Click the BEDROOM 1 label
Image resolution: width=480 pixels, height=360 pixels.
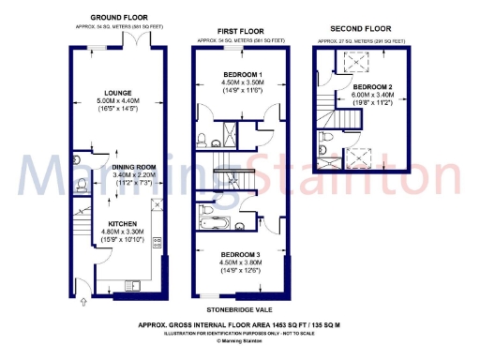(242, 74)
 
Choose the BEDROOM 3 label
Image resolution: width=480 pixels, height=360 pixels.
(242, 255)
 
